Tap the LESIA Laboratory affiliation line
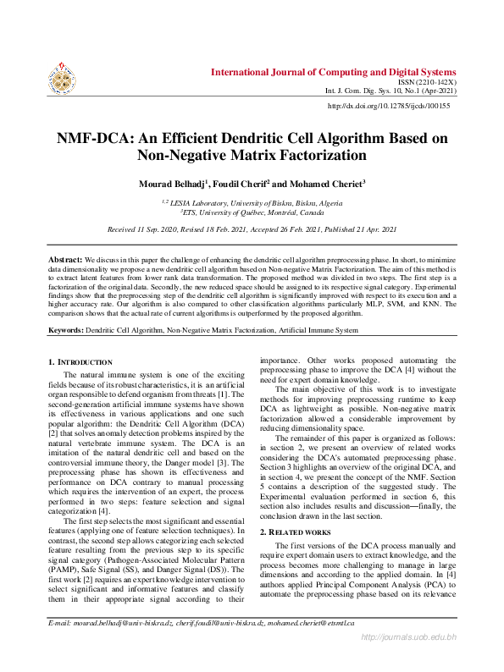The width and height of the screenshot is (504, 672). click(252, 204)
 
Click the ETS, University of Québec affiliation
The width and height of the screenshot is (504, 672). click(252, 214)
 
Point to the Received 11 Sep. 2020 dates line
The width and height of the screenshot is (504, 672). click(252, 230)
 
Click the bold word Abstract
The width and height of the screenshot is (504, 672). click(64, 256)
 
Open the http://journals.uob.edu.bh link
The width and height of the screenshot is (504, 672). click(409, 659)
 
